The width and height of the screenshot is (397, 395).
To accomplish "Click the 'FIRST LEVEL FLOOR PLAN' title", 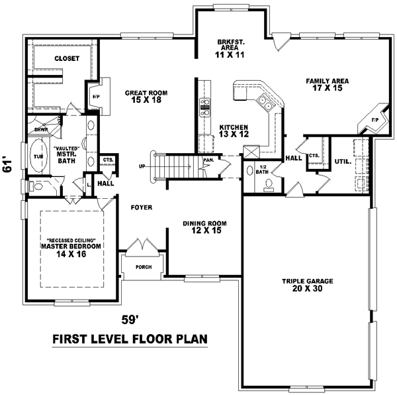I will (130, 339).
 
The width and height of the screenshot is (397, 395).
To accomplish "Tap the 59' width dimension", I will (130, 319).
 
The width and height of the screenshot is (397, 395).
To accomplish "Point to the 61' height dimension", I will (8, 165).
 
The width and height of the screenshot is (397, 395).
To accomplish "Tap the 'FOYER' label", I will (142, 207).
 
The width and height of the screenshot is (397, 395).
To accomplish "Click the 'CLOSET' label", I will (66, 59).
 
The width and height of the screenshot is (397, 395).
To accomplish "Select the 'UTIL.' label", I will (342, 161).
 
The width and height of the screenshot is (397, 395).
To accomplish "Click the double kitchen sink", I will (265, 102).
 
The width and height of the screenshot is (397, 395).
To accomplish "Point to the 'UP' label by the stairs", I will (142, 166).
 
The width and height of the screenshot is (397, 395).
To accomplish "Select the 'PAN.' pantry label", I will (208, 160).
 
